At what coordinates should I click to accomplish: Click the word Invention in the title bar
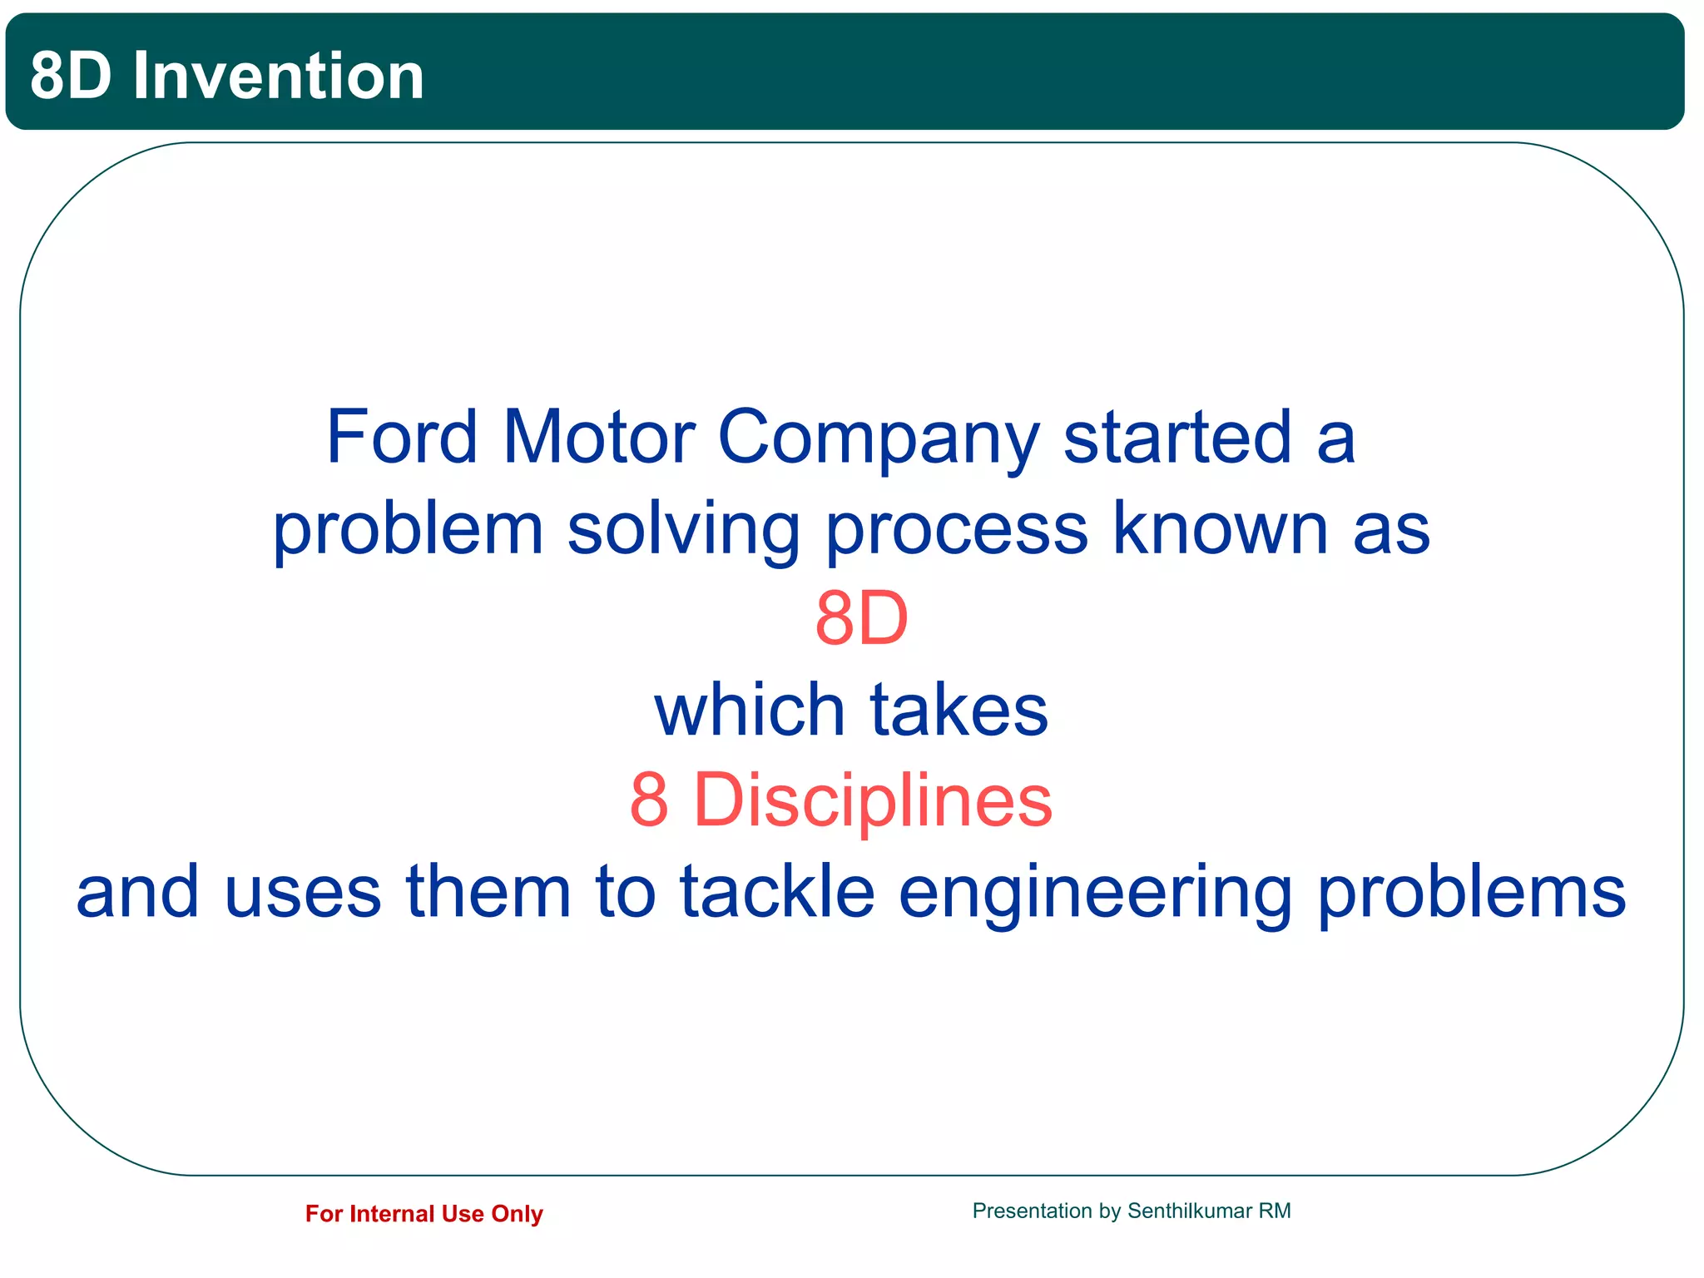[279, 76]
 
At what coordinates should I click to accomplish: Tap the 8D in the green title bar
[71, 76]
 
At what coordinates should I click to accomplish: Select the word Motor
[598, 438]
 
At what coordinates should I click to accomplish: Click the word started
[1177, 438]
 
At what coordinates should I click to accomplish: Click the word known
[1220, 528]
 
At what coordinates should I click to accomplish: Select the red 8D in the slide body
[861, 619]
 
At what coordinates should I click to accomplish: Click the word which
[749, 710]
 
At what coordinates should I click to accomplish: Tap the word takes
[958, 710]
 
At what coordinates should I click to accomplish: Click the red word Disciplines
[872, 800]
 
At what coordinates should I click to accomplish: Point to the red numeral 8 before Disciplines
[649, 800]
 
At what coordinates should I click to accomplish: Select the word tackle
[777, 891]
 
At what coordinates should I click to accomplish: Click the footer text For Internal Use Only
[424, 1214]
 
